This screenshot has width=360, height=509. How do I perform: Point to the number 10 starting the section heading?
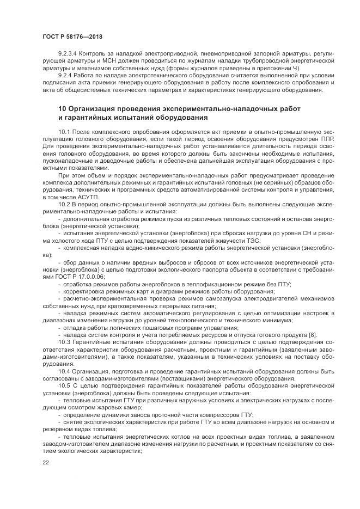point(62,109)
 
